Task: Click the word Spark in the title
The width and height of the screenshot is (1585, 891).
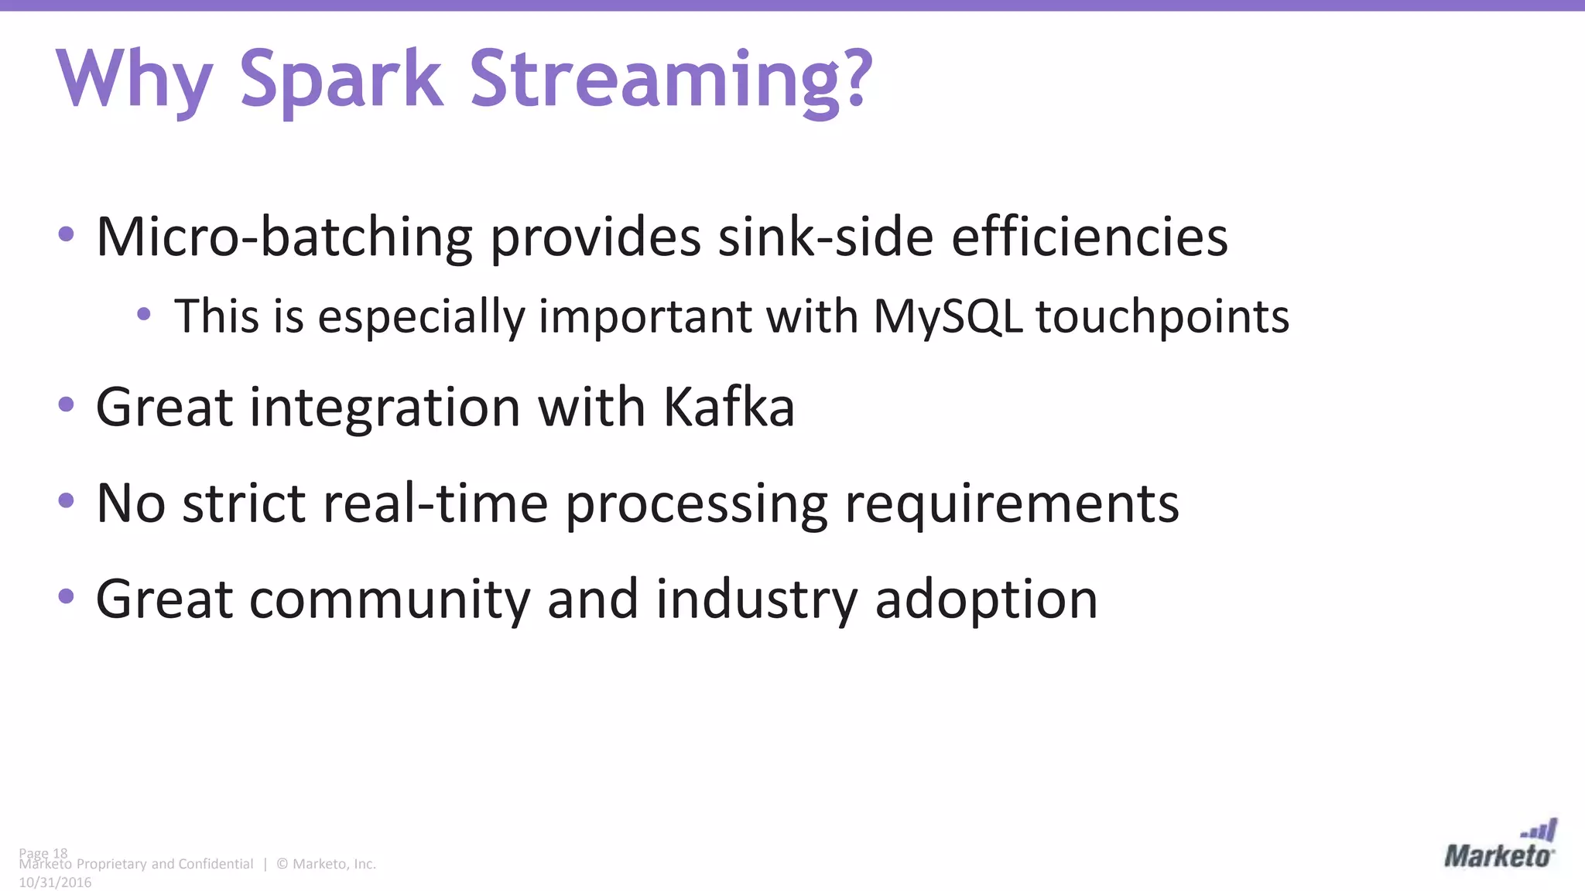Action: [341, 79]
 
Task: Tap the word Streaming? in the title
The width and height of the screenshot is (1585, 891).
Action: [671, 79]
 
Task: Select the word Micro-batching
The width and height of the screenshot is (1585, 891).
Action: [283, 237]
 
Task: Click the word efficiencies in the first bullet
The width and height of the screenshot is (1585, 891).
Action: [1089, 237]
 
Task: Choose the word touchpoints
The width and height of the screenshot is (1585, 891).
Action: [1162, 317]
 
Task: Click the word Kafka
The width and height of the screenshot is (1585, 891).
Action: [728, 407]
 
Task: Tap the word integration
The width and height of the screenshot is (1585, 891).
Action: [385, 408]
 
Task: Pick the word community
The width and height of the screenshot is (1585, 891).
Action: [389, 599]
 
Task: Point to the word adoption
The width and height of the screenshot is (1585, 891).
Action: [986, 600]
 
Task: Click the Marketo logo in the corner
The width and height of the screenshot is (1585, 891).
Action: [1499, 846]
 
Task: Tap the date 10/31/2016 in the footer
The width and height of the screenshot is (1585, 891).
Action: [55, 882]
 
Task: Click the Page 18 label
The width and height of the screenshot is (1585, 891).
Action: [43, 853]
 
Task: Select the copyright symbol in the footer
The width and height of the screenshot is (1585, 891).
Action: [282, 864]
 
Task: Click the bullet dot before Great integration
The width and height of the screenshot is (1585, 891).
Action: [67, 404]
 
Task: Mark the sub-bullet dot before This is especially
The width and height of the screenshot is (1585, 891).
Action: [143, 314]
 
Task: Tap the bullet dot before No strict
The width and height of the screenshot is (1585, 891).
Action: [67, 500]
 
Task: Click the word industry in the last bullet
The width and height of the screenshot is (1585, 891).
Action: [756, 599]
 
